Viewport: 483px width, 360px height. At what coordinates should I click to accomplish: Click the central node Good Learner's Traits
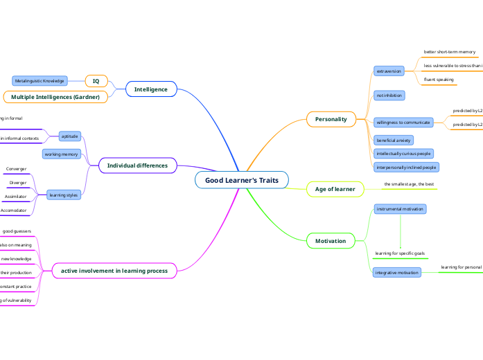(242, 180)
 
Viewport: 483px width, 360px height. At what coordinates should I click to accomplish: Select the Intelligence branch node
(151, 89)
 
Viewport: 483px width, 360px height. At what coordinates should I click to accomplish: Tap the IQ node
(96, 81)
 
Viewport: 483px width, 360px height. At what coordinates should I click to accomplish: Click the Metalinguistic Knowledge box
(40, 81)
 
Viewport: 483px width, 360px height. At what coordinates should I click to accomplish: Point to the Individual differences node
(137, 165)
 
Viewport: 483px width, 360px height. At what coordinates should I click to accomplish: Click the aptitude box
(70, 136)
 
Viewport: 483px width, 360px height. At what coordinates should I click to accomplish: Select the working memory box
(62, 154)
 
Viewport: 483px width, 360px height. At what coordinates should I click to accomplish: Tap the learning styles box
(64, 195)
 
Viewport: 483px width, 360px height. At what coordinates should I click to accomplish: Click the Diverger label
(18, 183)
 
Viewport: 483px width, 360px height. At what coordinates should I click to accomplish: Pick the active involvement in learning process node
(114, 271)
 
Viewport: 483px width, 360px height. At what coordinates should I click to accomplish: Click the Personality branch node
(331, 119)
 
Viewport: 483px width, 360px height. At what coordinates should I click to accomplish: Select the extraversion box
(389, 71)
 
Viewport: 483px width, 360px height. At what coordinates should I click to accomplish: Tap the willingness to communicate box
(403, 123)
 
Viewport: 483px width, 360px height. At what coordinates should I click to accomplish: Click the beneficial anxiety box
(394, 140)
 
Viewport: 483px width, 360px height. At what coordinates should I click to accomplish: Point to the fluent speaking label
(439, 80)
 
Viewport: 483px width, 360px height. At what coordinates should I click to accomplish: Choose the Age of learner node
(335, 189)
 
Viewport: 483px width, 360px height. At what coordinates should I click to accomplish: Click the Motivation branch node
(331, 241)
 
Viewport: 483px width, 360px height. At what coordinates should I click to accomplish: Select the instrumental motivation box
(400, 208)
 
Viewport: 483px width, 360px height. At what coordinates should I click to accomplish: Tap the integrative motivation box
(397, 273)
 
